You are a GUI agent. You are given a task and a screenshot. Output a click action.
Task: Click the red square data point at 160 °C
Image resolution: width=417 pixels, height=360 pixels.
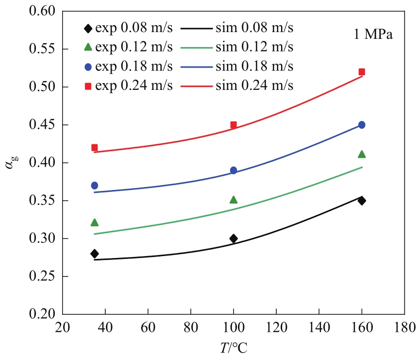tap(362, 72)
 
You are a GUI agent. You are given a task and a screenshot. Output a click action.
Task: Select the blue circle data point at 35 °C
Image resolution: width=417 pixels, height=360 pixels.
tap(95, 185)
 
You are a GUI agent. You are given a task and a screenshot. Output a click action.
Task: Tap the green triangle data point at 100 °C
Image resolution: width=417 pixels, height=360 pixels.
tap(234, 200)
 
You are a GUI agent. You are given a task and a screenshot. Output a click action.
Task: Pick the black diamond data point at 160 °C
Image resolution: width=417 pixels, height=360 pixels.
tap(362, 200)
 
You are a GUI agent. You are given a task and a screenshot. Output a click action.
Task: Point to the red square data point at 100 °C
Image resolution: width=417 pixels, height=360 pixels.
tap(234, 125)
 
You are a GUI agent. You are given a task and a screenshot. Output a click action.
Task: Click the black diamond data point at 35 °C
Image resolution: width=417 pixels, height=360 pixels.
tap(95, 254)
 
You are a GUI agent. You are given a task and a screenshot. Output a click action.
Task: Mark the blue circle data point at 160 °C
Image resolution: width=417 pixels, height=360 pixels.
tap(362, 125)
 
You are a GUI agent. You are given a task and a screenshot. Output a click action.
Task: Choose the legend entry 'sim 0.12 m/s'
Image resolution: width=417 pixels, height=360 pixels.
tap(237, 47)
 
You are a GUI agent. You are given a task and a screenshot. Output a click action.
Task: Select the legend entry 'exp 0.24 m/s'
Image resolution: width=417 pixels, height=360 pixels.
tap(128, 86)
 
